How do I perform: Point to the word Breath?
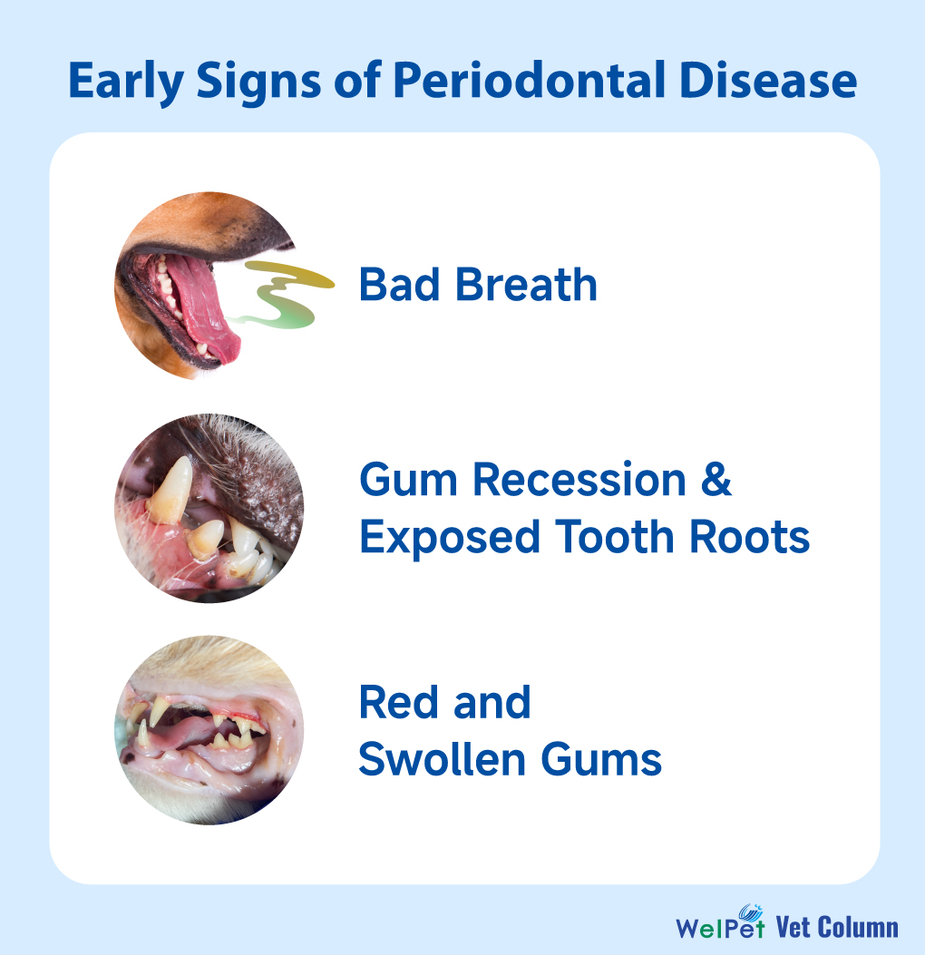click(526, 285)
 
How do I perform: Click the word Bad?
click(400, 285)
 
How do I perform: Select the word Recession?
click(579, 480)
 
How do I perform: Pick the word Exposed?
click(450, 537)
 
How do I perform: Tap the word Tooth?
click(615, 537)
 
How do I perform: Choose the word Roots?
click(750, 537)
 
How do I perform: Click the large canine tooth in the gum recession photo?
click(170, 491)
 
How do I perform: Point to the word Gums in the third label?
click(601, 759)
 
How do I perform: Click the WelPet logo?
click(720, 922)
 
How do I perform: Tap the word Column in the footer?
click(857, 927)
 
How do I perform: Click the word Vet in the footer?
click(793, 927)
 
